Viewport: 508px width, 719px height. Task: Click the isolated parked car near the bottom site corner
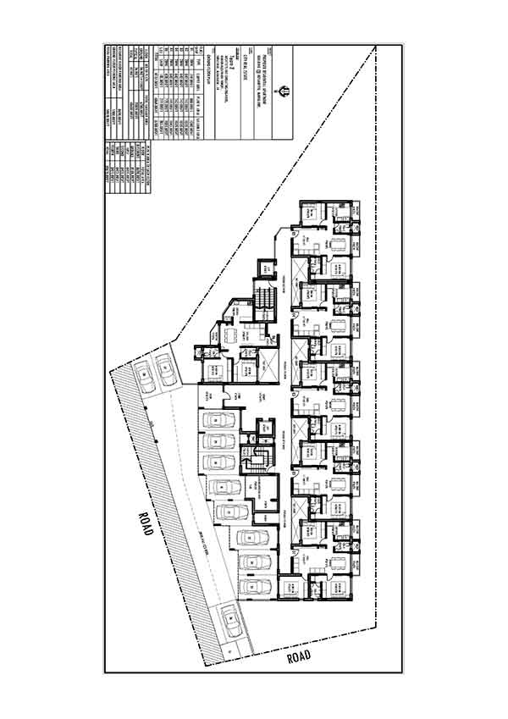pyautogui.click(x=229, y=624)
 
